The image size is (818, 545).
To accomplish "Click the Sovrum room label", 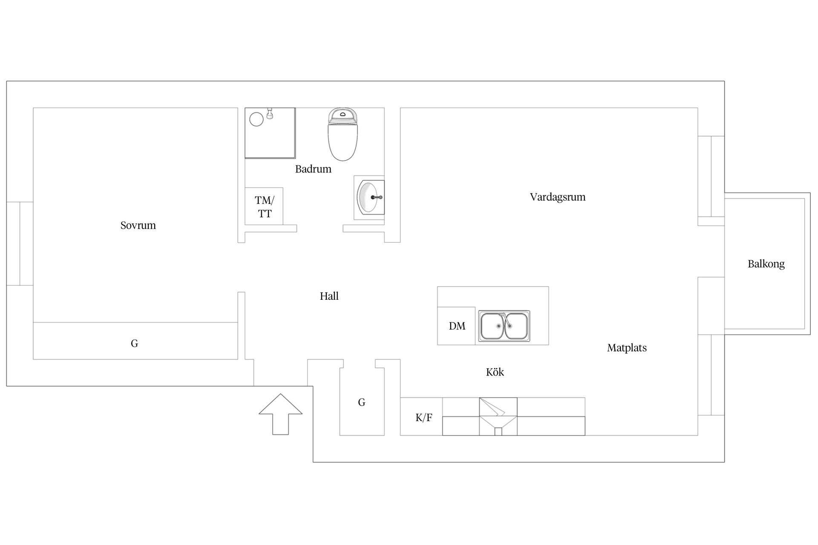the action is pos(138,225).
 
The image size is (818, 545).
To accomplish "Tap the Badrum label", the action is pos(313,169).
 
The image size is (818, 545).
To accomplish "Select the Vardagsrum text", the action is pos(558,197).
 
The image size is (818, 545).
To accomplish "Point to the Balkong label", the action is pos(766,264).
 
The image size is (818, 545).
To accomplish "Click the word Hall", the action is pos(329,296).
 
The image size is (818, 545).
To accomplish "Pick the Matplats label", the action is pos(627,348).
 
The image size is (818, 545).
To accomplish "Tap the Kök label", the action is pos(495,372).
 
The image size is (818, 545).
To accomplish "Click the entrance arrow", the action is pos(281,414).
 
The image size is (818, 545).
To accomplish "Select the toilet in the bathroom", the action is pos(343,134).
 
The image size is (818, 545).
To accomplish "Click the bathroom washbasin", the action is pos(369,198).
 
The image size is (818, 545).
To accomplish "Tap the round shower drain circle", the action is pos(256,119).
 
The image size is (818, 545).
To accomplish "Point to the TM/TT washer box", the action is pos(264,206).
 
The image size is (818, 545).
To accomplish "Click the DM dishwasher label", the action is pos(457,326).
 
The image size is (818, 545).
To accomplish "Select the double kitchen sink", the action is pos(504,326).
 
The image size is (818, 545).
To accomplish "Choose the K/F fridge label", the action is pos(424,418).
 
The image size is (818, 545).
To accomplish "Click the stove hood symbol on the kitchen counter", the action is pos(498,416).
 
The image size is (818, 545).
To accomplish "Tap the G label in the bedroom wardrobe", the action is pos(134,343).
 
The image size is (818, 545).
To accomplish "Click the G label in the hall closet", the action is pos(362,402).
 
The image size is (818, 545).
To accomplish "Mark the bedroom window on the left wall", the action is pos(20,244).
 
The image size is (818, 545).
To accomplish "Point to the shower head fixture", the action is pos(270,113).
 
